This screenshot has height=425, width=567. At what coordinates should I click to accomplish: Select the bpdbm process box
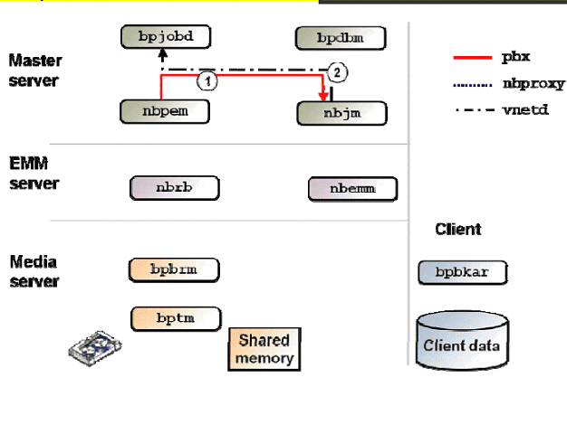(x=341, y=38)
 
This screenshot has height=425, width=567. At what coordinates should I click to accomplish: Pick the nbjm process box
(x=341, y=113)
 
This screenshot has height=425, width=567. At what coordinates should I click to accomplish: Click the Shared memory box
(x=263, y=349)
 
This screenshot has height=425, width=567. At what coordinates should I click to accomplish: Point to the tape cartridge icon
(x=96, y=348)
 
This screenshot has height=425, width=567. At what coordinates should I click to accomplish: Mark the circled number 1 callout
(x=207, y=80)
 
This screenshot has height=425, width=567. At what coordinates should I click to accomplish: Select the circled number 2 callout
(x=337, y=71)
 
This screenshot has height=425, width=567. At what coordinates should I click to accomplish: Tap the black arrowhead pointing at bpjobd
(x=163, y=54)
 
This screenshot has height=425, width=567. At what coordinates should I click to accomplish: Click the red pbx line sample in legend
(x=471, y=58)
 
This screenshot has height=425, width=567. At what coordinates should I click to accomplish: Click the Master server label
(x=34, y=71)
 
